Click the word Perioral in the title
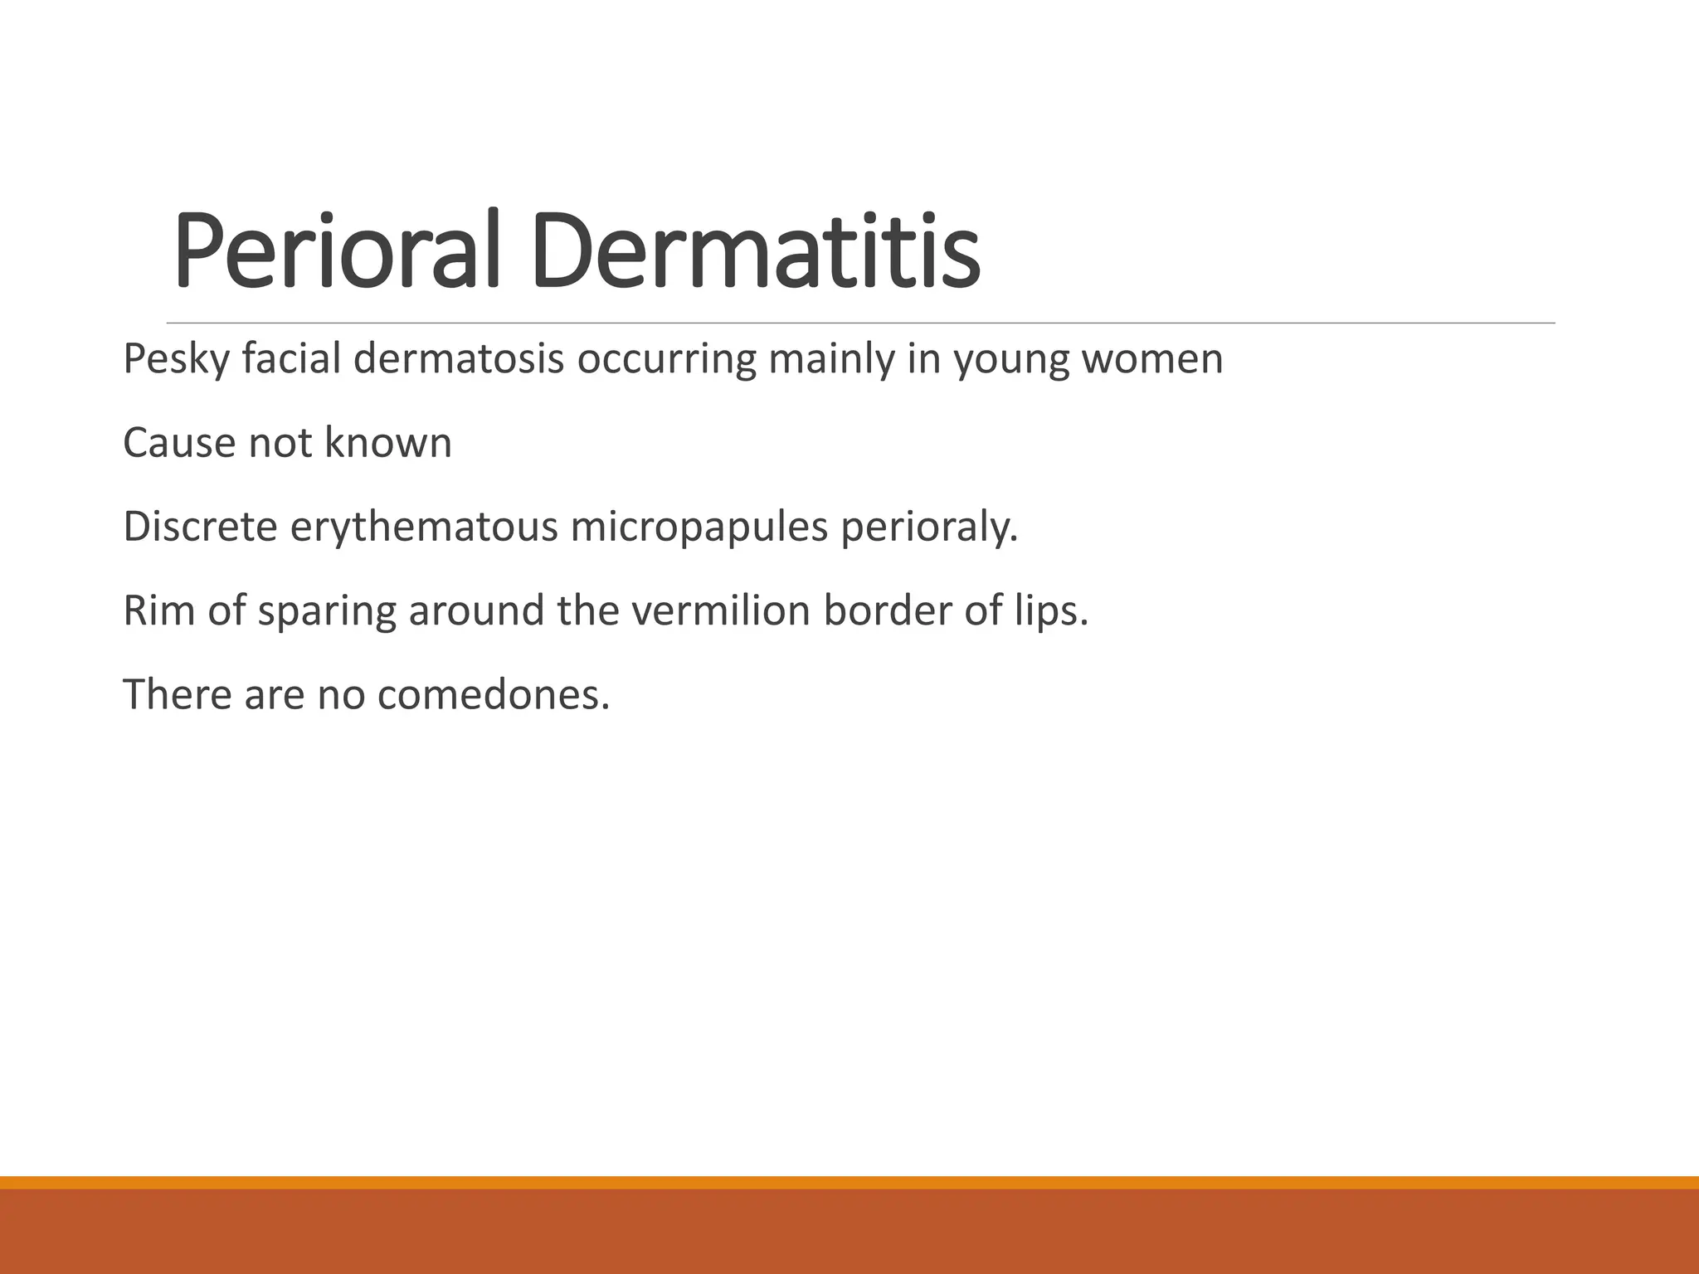pyautogui.click(x=337, y=250)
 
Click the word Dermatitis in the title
pyautogui.click(x=755, y=250)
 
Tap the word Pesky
pyautogui.click(x=176, y=360)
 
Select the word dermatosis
pyautogui.click(x=459, y=360)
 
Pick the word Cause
pyautogui.click(x=179, y=443)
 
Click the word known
pyautogui.click(x=388, y=443)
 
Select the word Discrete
pyautogui.click(x=200, y=527)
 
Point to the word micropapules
pyautogui.click(x=699, y=528)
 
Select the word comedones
pyautogui.click(x=493, y=694)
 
